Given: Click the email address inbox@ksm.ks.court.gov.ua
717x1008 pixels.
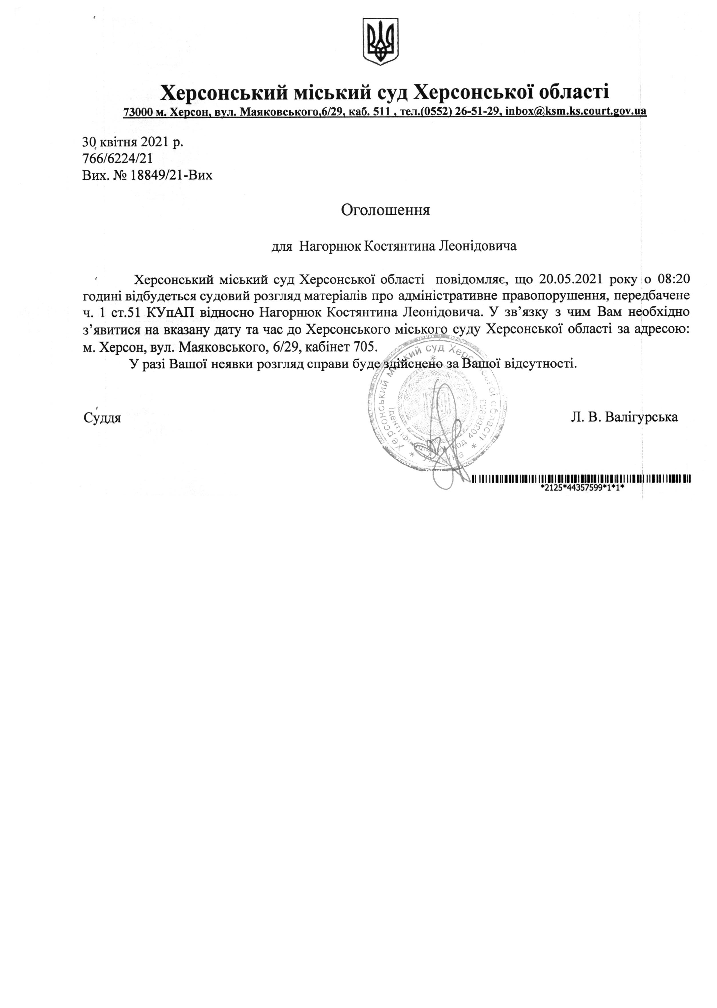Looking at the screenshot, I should [x=576, y=111].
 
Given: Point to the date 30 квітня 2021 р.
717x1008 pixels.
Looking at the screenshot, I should [x=132, y=142].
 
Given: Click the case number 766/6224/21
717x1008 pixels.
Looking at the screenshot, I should [x=117, y=158].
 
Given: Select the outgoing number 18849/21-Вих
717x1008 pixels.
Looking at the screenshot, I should [x=170, y=175].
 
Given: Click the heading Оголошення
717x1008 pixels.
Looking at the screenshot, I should [x=385, y=210].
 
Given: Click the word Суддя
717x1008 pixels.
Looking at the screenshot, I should [x=102, y=417].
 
